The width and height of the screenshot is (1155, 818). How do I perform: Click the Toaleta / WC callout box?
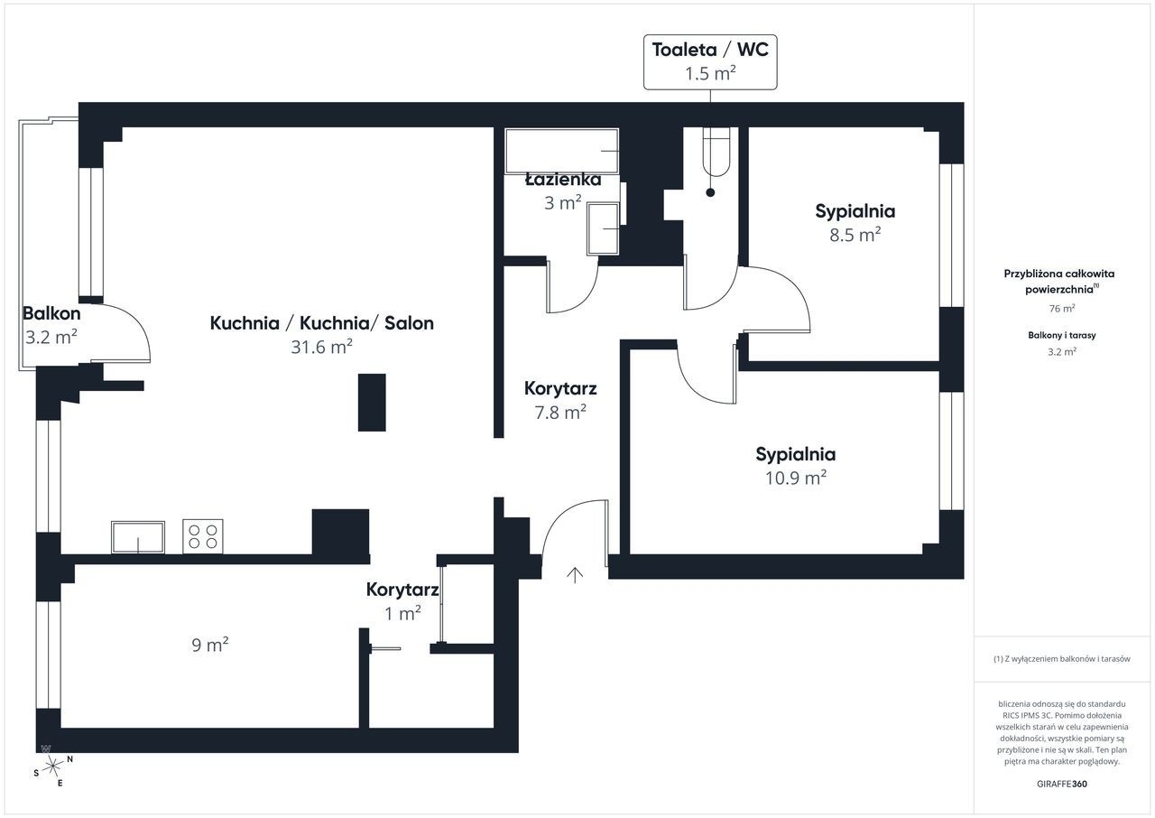coord(710,62)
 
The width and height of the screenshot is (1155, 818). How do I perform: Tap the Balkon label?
coord(51,313)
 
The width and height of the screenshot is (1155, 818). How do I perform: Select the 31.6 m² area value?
coord(322,347)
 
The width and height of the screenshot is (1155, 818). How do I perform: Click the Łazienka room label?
coord(563,180)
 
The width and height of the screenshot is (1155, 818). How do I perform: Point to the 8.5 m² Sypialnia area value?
coord(855,235)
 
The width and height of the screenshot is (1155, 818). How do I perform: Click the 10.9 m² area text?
coord(796,478)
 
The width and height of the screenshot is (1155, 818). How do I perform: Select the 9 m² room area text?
coord(210,644)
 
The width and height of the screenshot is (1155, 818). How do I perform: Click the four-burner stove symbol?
coord(203,536)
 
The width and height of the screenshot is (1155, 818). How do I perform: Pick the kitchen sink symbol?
coord(138,537)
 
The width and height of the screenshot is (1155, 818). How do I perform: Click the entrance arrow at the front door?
coord(575,575)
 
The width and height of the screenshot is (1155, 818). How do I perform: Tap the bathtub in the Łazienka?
coord(561,151)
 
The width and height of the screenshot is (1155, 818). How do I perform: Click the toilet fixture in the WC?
coord(716,153)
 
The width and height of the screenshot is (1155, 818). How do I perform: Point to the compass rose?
coord(52,767)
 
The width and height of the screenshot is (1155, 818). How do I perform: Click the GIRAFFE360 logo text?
coord(1062,784)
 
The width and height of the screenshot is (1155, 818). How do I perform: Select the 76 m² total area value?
coord(1062,309)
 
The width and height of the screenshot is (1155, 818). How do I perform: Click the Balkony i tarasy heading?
coord(1062,335)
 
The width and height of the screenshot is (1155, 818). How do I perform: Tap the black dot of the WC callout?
coord(710,192)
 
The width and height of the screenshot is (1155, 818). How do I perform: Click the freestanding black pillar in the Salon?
coord(372,403)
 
